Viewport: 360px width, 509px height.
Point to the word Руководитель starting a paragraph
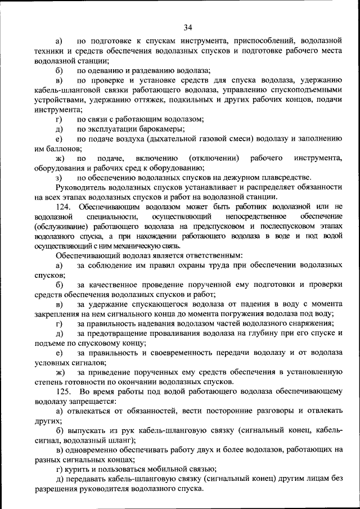pos(82,187)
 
